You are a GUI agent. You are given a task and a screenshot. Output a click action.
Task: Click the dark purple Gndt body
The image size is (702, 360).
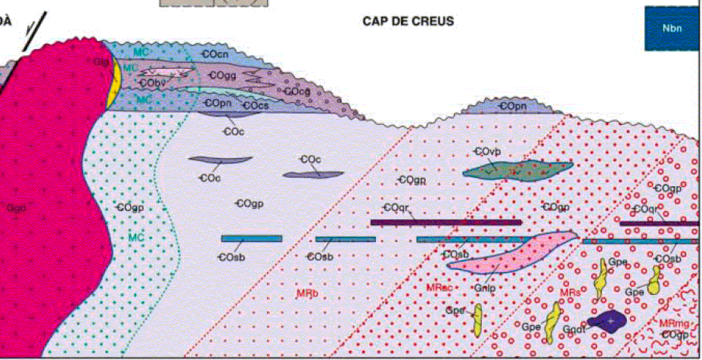point(611,321)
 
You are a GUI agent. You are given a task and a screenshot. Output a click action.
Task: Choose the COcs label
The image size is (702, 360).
point(255,105)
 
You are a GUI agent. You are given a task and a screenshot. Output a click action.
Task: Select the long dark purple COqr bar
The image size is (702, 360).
point(446,222)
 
